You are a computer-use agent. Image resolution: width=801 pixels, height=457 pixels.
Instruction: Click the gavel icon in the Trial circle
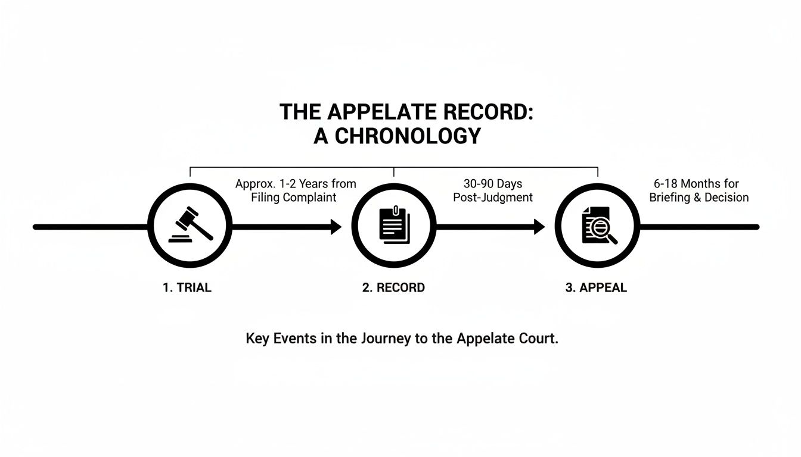point(190,224)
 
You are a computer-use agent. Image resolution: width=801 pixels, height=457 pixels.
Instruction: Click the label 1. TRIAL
point(187,288)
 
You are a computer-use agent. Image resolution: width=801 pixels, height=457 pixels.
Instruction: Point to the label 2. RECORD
point(393,288)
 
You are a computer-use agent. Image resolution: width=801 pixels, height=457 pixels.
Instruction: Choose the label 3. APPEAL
point(596,288)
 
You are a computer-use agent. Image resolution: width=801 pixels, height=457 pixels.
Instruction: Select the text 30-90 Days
point(493,184)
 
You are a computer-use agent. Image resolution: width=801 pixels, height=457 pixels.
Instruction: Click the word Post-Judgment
point(493,198)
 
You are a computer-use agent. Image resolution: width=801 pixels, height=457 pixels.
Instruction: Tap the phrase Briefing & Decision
point(698,198)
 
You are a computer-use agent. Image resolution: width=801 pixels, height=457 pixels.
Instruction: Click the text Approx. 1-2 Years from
point(296,184)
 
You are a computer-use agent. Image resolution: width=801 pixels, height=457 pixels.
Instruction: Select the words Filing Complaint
point(294,198)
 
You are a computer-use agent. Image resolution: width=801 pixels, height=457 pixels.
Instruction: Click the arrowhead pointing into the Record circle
point(336,227)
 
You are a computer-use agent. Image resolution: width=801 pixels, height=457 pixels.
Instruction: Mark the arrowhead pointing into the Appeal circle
point(539,227)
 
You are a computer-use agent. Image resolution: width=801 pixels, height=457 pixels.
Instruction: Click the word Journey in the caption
point(386,339)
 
